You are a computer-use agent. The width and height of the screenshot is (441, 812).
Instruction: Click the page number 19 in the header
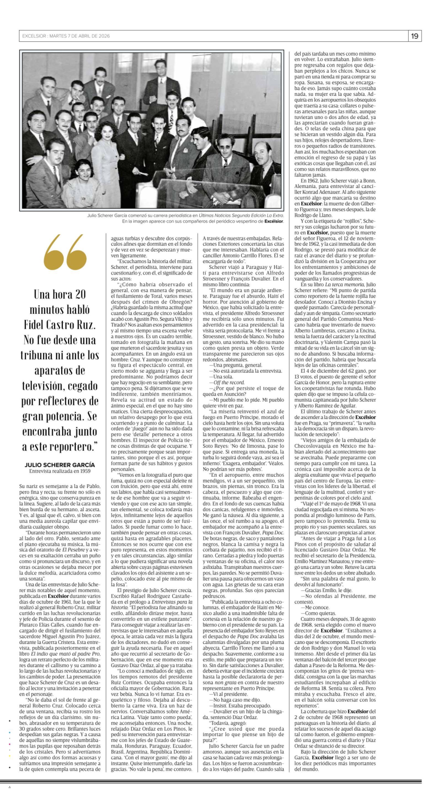pyautogui.click(x=415, y=36)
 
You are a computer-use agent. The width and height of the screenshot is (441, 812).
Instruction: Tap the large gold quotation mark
pyautogui.click(x=65, y=252)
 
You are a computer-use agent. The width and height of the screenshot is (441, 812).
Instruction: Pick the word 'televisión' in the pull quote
pyautogui.click(x=42, y=385)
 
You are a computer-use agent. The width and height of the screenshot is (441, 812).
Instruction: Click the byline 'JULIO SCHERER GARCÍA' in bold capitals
pyautogui.click(x=60, y=465)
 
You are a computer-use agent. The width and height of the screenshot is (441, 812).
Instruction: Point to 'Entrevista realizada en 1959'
pyautogui.click(x=60, y=471)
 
